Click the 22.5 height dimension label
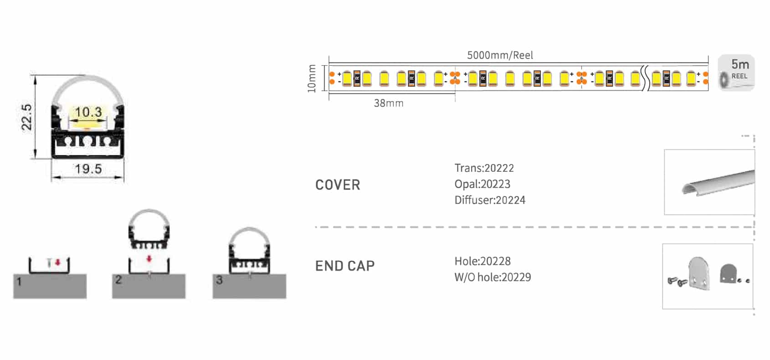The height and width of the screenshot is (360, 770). [27, 117]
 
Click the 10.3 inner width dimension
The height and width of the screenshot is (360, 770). [88, 112]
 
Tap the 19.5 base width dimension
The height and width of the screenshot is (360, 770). [88, 170]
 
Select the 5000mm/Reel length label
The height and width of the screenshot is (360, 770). [500, 56]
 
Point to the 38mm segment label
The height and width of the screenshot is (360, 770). [389, 103]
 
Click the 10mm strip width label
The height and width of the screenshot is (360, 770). [312, 78]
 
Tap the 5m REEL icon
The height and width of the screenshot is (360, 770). [736, 73]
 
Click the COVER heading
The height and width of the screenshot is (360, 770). [338, 185]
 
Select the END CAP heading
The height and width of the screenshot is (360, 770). [345, 266]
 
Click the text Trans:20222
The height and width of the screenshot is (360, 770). [484, 168]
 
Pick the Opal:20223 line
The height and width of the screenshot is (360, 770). [482, 184]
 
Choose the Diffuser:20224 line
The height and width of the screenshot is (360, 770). [490, 200]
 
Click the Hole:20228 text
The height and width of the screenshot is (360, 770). [483, 261]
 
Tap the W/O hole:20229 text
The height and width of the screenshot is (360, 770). [493, 277]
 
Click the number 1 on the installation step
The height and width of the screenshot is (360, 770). [19, 282]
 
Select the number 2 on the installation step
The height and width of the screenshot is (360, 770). [118, 280]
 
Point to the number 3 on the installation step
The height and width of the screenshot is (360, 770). [219, 280]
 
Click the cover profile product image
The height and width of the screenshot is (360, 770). [717, 183]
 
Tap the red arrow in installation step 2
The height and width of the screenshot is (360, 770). [149, 259]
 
